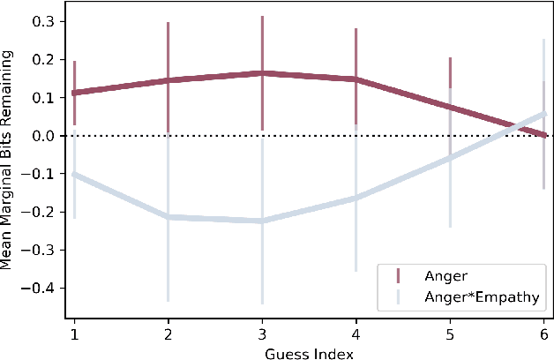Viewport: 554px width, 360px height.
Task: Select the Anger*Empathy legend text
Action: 479,297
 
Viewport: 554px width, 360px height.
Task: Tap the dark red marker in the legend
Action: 398,274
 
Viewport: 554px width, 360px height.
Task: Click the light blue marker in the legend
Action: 398,297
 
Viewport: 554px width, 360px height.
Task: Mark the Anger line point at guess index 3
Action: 262,73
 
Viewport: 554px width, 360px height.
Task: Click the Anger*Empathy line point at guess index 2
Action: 168,217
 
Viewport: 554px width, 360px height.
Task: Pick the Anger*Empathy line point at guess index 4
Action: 356,198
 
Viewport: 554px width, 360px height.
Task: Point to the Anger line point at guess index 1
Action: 73,93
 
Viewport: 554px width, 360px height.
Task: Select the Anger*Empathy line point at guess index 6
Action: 545,114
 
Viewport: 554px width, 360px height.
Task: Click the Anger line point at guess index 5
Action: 451,108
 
